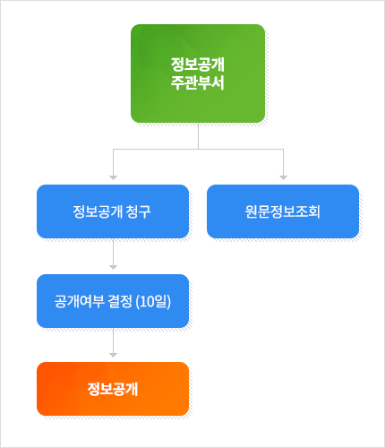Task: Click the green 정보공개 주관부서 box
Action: click(198, 73)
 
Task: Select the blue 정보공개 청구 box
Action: click(113, 211)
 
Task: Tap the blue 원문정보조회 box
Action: click(283, 211)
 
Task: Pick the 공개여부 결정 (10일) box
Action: click(113, 301)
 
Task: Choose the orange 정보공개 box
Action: click(113, 389)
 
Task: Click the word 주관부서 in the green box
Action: click(198, 82)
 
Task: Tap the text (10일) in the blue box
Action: click(153, 301)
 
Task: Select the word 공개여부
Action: click(79, 301)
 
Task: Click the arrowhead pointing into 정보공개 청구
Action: click(113, 177)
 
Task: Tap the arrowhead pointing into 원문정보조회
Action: click(283, 177)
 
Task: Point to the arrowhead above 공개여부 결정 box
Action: click(113, 267)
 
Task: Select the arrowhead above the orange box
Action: click(113, 355)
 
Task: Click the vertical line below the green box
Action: click(198, 136)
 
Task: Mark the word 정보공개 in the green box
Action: click(198, 65)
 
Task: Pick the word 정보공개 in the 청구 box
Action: click(98, 211)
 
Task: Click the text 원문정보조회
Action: click(283, 211)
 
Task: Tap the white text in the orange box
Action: click(113, 389)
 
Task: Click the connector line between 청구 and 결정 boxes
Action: click(113, 253)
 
